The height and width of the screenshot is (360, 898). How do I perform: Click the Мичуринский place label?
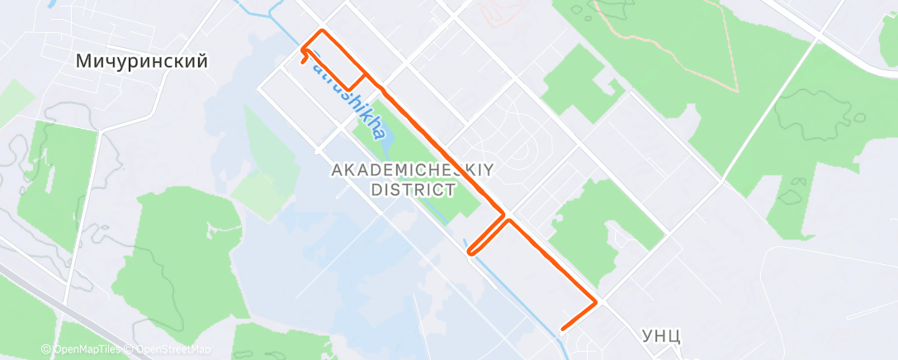pos(140,61)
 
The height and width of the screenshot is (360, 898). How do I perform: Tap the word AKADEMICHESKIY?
pos(412,171)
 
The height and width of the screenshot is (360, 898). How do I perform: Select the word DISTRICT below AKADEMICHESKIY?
pos(413,190)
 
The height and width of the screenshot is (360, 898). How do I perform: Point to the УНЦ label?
pos(660,336)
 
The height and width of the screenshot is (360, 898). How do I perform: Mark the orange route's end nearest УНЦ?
pos(562,329)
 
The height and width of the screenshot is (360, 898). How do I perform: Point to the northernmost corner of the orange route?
pos(322,31)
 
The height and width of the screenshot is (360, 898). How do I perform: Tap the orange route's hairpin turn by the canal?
pos(469,251)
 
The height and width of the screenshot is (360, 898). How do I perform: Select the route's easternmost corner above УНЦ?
pos(596,302)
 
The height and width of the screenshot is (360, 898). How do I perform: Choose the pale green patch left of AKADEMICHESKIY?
pos(263,187)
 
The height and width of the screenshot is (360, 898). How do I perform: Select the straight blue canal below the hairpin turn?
pos(528,306)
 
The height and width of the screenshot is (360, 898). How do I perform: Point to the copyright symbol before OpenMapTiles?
pos(46,350)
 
